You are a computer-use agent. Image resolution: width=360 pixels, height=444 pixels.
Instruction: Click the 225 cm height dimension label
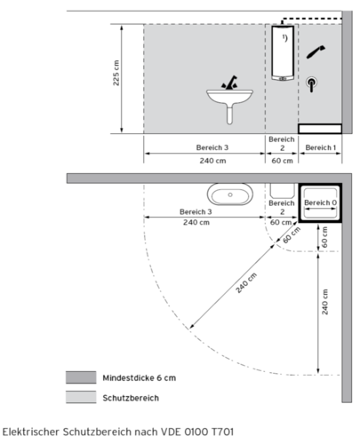click(x=116, y=73)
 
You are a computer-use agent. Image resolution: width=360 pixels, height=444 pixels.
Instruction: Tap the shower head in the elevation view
click(x=316, y=52)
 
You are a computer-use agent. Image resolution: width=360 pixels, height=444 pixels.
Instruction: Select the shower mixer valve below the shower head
click(x=311, y=84)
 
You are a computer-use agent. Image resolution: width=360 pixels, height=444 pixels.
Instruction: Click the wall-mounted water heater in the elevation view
click(x=283, y=53)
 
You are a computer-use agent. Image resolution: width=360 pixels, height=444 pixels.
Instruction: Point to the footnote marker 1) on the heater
click(x=284, y=38)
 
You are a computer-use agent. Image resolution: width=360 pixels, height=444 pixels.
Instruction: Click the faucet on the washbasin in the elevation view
click(x=229, y=83)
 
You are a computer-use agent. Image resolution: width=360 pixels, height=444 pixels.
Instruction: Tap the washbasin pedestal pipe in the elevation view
click(x=229, y=114)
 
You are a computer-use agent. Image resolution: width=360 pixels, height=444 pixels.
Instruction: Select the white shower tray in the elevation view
click(x=320, y=129)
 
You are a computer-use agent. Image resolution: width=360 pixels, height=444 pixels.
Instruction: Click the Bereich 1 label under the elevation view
click(x=321, y=147)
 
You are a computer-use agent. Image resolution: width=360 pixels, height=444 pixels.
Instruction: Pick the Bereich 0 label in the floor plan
click(x=321, y=202)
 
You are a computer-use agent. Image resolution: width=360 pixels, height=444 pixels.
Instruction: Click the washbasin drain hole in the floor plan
click(x=230, y=194)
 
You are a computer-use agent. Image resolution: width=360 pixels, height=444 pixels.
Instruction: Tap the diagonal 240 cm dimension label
click(x=246, y=283)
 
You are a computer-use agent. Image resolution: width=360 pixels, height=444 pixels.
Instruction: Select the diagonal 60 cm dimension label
click(x=292, y=235)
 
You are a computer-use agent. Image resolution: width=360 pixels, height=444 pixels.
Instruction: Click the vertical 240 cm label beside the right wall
click(x=324, y=302)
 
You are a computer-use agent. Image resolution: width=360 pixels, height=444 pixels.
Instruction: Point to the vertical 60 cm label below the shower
click(x=324, y=237)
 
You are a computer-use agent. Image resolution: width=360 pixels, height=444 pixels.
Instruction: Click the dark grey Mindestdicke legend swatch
click(x=81, y=377)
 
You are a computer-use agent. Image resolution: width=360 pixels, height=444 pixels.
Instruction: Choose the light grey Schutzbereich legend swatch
click(x=81, y=397)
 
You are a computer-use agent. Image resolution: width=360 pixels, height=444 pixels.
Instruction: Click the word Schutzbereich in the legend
click(x=131, y=398)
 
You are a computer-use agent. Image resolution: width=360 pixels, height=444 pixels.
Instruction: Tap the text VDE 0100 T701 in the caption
click(x=197, y=432)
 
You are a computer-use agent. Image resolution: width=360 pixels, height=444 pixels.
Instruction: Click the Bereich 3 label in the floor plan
click(x=196, y=212)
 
